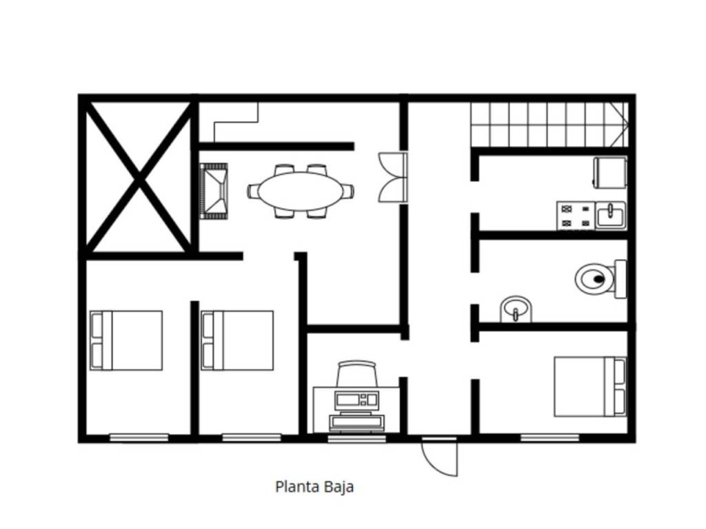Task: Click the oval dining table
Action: (x=299, y=191)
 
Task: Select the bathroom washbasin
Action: (x=516, y=309)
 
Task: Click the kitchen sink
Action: (x=611, y=216)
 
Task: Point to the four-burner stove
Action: (x=576, y=216)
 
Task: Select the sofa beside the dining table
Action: (x=214, y=191)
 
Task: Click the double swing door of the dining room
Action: (x=393, y=177)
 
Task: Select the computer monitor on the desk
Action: (x=356, y=400)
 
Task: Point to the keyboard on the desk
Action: (x=356, y=423)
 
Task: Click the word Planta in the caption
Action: (x=292, y=487)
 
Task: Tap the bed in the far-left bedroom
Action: (x=126, y=340)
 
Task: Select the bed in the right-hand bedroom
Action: (x=590, y=387)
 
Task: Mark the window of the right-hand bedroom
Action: (x=549, y=438)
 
